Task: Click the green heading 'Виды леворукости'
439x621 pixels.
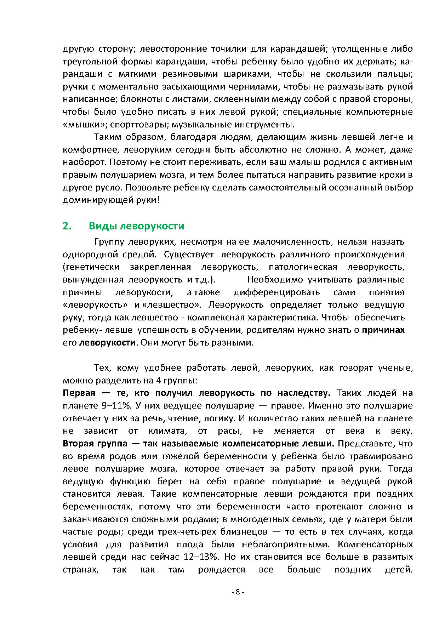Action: (x=136, y=226)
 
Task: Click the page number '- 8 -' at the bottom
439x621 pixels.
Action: (x=238, y=592)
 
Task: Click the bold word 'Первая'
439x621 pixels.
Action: (x=79, y=393)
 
